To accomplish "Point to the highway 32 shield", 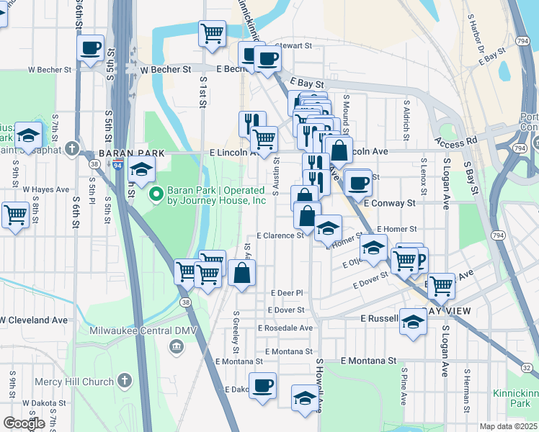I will tap(527, 367).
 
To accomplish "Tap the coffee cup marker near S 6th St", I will tap(91, 49).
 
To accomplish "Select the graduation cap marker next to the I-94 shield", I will tap(143, 170).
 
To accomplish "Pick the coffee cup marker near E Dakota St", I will tap(262, 385).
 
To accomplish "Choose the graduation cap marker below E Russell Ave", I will tap(414, 322).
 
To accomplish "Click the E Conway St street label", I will tap(389, 204).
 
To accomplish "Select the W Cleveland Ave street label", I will tap(35, 320).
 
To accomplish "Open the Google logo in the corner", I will tap(24, 423).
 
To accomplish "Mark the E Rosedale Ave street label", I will tap(289, 328).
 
